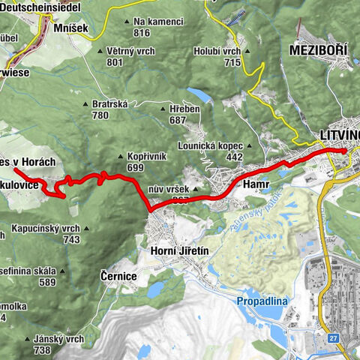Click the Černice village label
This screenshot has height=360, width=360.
(x=118, y=276)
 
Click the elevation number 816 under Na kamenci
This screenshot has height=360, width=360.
(x=142, y=32)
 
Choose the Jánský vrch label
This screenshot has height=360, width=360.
(x=58, y=339)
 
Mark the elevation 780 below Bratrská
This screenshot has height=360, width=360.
(x=100, y=115)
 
